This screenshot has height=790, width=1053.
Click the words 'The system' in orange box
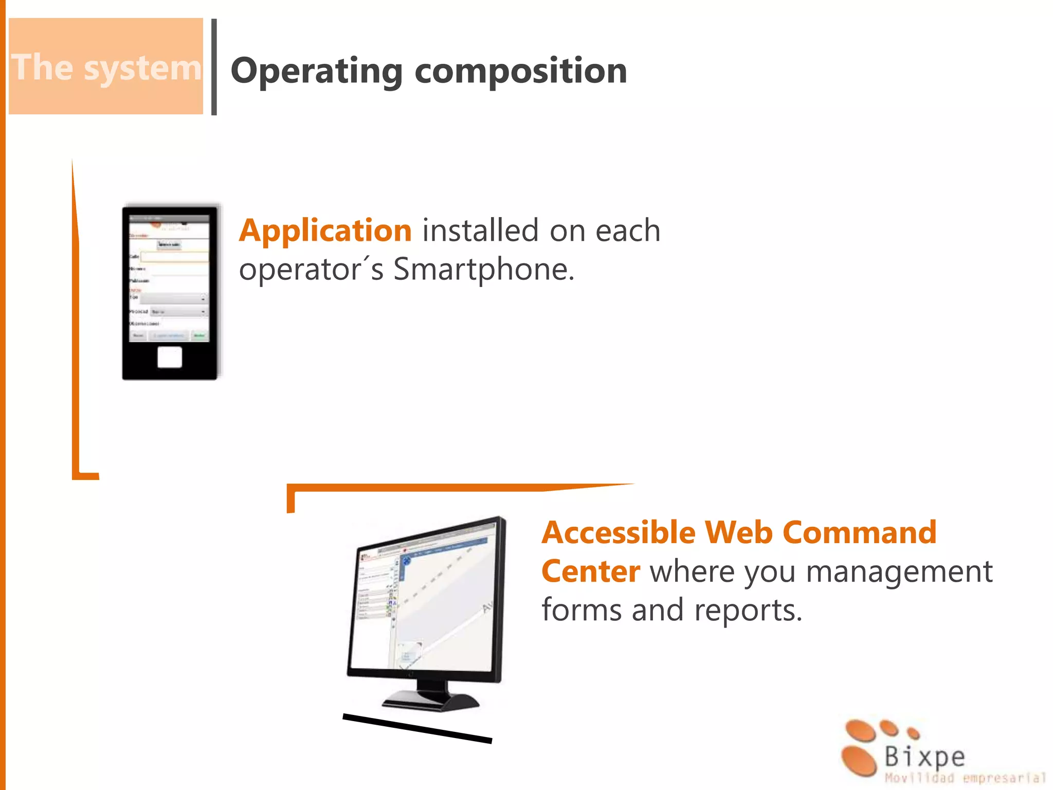coord(106,67)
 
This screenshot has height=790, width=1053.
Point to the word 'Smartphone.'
coord(483,269)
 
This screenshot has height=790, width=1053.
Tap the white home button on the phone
coord(170,357)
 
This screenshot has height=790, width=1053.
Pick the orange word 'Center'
coord(591,571)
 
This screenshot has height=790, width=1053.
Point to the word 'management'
coord(899,571)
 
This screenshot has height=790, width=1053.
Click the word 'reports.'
coord(748,611)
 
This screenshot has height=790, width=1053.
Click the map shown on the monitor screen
coord(447,602)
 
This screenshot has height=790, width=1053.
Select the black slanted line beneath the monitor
coord(417,728)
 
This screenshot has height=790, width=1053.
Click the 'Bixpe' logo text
coord(924,757)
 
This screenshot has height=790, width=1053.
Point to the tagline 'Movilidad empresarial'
coord(965,778)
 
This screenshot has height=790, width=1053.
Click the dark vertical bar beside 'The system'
coord(214,67)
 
